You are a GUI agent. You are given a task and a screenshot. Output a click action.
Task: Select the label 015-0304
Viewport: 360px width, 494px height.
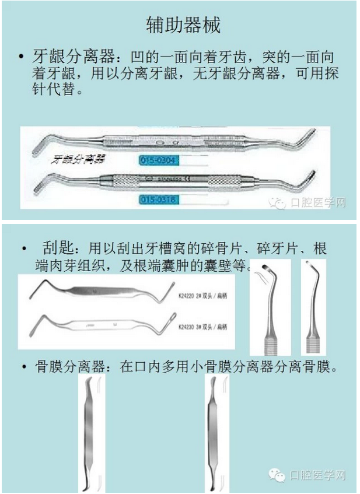tap(159, 159)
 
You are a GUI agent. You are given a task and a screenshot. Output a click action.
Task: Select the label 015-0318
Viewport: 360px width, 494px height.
tap(159, 199)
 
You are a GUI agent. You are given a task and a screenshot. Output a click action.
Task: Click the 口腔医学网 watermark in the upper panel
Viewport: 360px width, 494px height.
tap(307, 202)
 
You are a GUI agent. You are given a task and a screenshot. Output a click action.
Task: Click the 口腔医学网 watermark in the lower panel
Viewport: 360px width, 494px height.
tap(307, 475)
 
